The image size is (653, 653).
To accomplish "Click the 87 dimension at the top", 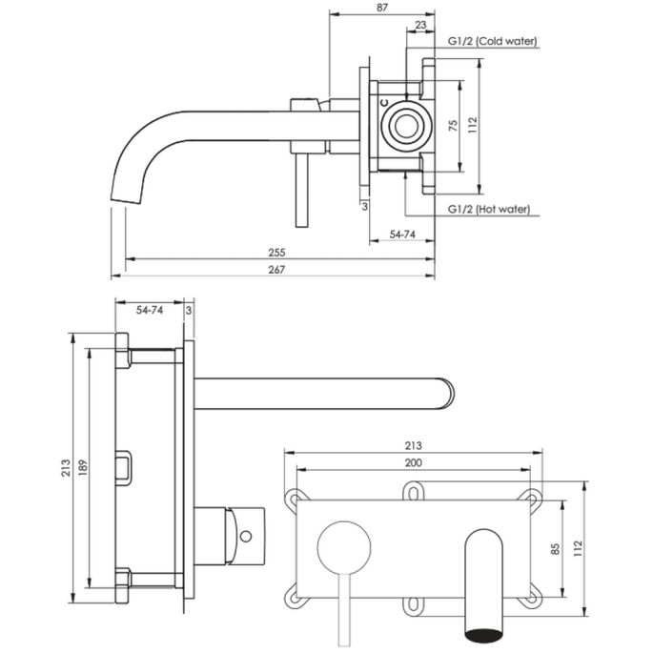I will coord(382,8).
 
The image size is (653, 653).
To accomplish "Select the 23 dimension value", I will coord(420,26).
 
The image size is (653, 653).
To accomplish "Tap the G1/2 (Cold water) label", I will coord(493,41).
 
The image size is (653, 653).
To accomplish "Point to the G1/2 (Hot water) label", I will coord(488,209).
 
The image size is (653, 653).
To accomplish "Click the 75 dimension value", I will coord(454,123).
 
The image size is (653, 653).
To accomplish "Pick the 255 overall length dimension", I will coord(277,253).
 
